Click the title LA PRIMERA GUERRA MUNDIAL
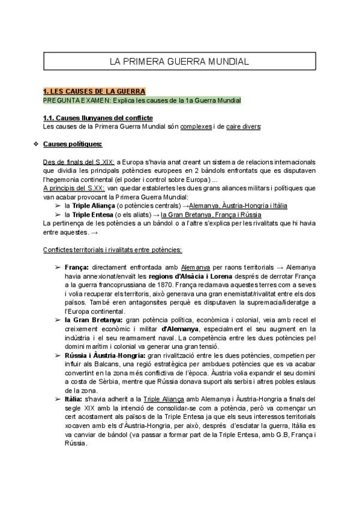pos(179,61)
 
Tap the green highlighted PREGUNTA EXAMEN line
pos(142,100)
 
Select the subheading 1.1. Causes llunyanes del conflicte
pos(98,118)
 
